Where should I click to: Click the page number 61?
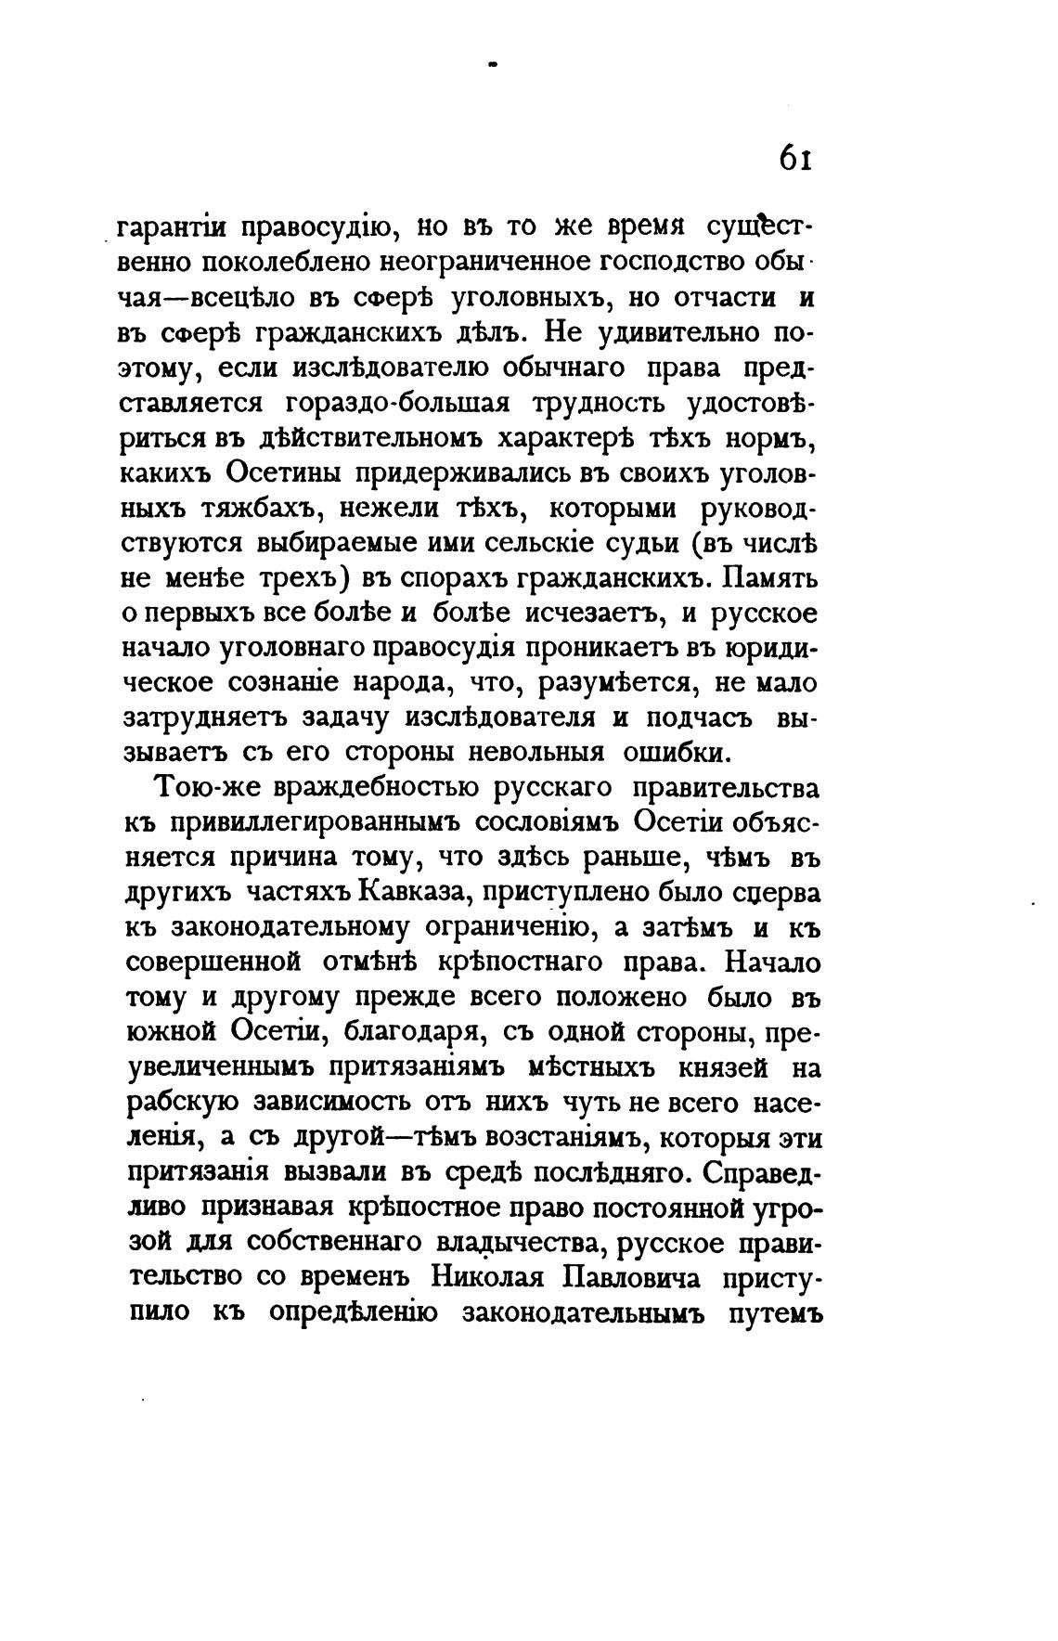click(x=796, y=159)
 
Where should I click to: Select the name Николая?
click(x=493, y=1277)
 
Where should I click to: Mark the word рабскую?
click(x=177, y=1103)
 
